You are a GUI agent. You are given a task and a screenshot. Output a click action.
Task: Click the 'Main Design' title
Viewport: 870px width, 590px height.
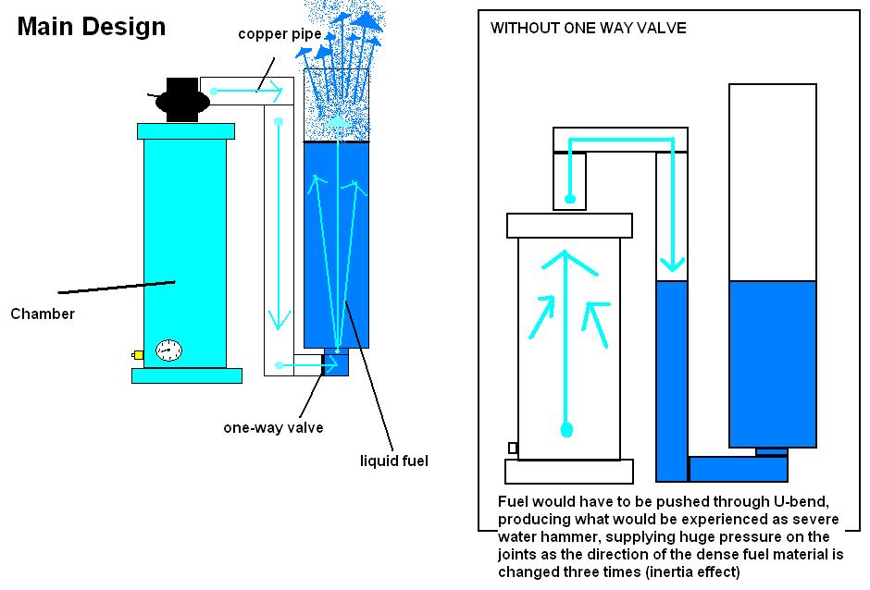(x=92, y=26)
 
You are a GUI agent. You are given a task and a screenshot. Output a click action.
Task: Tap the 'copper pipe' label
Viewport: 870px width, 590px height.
(x=280, y=34)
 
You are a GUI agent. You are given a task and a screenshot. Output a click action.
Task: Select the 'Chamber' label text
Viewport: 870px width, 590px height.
(x=43, y=313)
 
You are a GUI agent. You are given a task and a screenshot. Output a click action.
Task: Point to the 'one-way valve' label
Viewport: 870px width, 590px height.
(x=273, y=427)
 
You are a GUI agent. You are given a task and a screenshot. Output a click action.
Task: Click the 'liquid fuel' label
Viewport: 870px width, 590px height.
(x=395, y=460)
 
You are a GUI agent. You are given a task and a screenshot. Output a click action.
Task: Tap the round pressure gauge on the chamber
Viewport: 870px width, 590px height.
(x=168, y=350)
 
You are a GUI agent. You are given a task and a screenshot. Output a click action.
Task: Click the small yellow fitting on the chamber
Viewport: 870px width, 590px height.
(x=138, y=354)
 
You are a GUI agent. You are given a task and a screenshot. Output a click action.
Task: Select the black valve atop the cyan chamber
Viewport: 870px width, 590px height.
(x=181, y=98)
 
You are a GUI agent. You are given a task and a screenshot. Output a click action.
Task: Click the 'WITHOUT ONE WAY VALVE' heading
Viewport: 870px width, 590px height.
(x=588, y=28)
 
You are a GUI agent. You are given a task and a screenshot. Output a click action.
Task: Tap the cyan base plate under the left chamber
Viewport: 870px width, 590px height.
(x=187, y=375)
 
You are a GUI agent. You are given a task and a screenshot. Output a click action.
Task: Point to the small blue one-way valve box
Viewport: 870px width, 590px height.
(x=335, y=363)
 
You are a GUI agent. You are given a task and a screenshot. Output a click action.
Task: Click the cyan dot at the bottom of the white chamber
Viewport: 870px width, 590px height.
(x=567, y=430)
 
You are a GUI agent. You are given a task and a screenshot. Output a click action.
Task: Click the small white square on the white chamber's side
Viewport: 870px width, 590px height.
(x=513, y=449)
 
